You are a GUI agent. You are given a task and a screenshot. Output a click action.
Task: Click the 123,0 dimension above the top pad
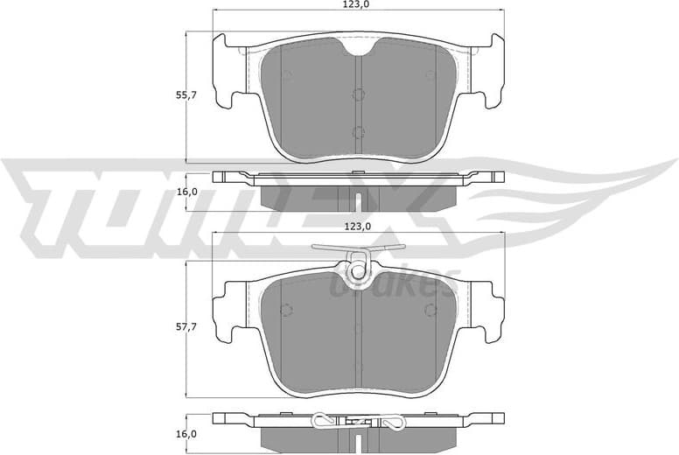click(x=357, y=6)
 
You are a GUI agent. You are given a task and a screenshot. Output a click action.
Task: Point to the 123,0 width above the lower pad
click(x=357, y=226)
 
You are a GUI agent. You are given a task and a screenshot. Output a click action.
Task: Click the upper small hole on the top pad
click(x=357, y=95)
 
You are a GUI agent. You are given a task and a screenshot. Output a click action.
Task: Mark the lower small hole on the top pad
click(x=357, y=132)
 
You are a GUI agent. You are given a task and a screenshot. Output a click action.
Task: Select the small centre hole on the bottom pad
click(x=357, y=328)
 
